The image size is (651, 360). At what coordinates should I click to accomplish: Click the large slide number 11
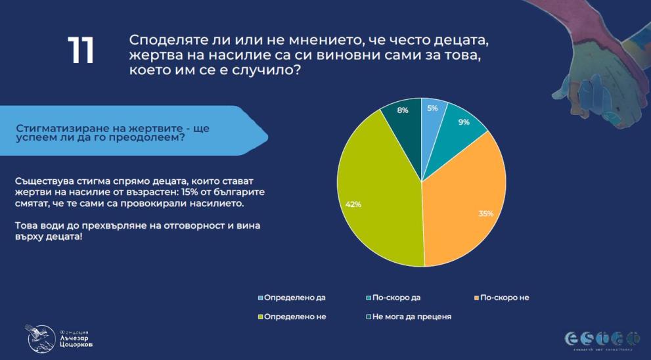(81, 51)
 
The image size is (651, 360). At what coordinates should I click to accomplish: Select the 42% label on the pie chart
(353, 204)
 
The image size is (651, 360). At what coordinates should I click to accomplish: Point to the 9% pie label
(464, 122)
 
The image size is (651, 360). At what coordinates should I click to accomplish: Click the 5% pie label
(432, 108)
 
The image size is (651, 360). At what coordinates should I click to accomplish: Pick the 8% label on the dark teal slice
(403, 110)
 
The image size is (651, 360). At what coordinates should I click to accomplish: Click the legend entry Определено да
(294, 298)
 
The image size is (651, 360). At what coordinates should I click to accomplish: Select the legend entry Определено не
(295, 317)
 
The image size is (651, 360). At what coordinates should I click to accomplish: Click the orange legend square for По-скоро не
(476, 298)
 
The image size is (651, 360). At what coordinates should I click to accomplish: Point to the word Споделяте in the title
(168, 40)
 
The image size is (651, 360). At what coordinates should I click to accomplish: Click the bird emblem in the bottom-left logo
(40, 336)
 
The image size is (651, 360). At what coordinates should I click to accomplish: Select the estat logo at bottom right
(602, 339)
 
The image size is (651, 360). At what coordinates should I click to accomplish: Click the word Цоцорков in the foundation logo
(76, 345)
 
